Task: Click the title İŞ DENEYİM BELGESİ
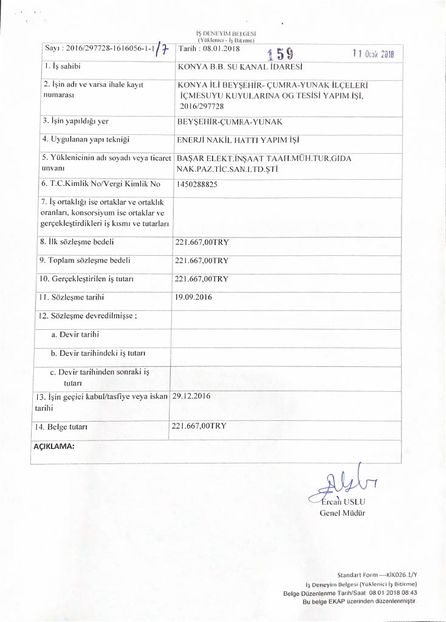click(224, 35)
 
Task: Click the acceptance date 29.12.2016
click(191, 395)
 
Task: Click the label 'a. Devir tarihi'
click(75, 334)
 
